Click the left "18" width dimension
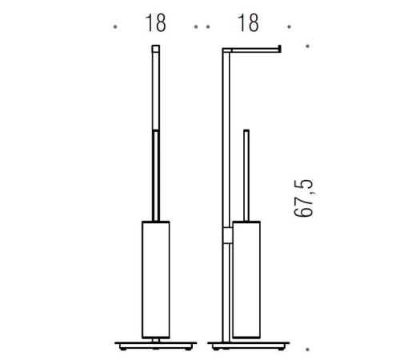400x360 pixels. [x=156, y=23]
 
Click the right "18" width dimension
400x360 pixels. [x=249, y=23]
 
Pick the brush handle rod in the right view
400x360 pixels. [x=246, y=172]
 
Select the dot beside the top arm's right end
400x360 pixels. [x=308, y=47]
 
